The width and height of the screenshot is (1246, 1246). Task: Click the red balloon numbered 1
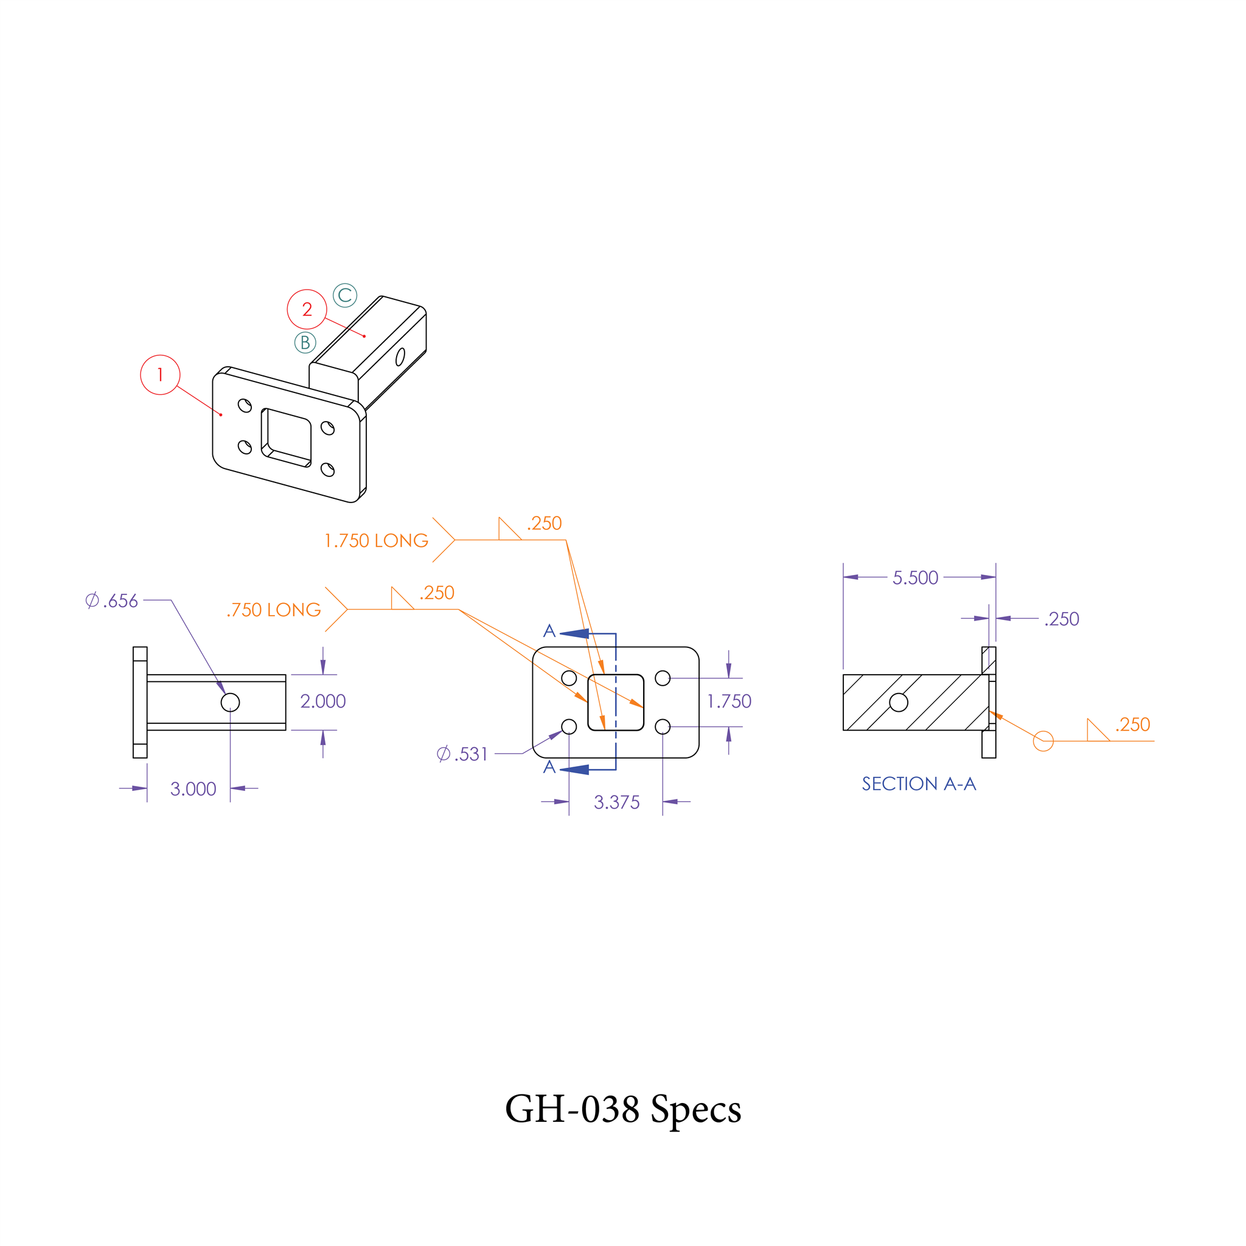point(160,375)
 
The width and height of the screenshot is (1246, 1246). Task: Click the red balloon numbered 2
point(307,310)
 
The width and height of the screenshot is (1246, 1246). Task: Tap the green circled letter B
point(305,343)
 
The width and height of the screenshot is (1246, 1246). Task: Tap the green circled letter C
point(345,295)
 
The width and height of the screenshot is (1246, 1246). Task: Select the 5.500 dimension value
point(915,578)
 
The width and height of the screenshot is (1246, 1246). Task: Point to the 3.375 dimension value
point(616,802)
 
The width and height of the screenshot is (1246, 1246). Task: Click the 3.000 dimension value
point(193,788)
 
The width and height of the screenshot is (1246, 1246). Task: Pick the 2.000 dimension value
point(323,701)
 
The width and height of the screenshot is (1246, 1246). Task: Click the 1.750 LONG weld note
point(376,540)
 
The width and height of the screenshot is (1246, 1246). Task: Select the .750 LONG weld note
point(274,610)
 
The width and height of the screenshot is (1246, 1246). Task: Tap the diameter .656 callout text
point(112,601)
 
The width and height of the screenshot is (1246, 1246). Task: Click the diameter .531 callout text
point(462,754)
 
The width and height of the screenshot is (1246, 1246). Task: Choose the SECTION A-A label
point(919,784)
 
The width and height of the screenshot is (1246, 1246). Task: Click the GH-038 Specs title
point(623,1109)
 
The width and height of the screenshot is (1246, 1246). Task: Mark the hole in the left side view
point(230,702)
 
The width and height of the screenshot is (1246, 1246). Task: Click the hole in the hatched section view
point(899,702)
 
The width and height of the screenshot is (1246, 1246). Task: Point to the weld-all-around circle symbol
point(1043,741)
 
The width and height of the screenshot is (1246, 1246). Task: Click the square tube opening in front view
point(616,702)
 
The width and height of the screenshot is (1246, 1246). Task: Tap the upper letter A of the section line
point(549,631)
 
